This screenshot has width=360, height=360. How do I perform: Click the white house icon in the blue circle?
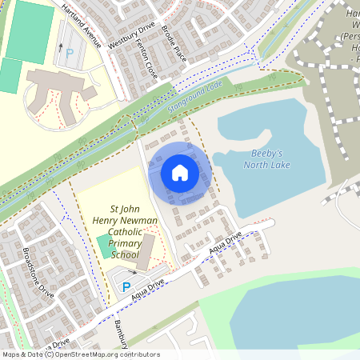(x=179, y=172)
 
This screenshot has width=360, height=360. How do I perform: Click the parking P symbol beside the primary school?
(x=126, y=287)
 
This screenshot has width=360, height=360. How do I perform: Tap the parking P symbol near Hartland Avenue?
(x=69, y=52)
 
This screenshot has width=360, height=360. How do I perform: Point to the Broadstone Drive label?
(x=38, y=272)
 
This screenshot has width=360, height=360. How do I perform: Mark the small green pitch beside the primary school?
(x=105, y=246)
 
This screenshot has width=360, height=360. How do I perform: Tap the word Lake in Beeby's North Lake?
(x=279, y=165)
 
